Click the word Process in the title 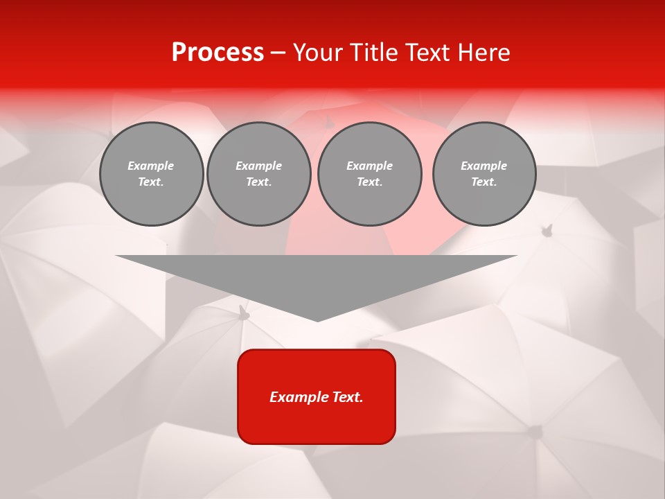coord(218,53)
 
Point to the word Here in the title coord(482,53)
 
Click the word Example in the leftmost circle coord(151,166)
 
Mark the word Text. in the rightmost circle coord(484,182)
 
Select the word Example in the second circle coord(259,166)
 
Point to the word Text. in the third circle coord(369,182)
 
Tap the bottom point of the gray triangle coord(317,319)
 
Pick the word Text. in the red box coord(348,397)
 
